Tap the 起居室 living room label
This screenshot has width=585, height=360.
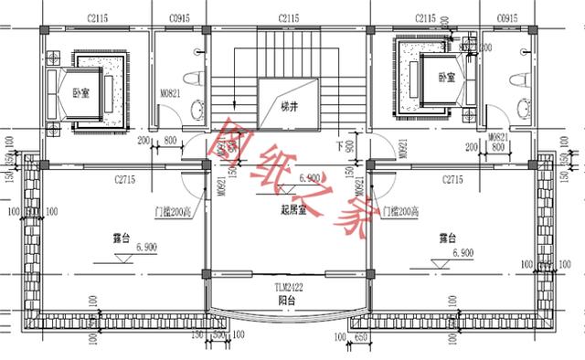(292, 209)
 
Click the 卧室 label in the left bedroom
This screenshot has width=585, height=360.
(80, 91)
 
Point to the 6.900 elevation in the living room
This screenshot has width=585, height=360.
(308, 178)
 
